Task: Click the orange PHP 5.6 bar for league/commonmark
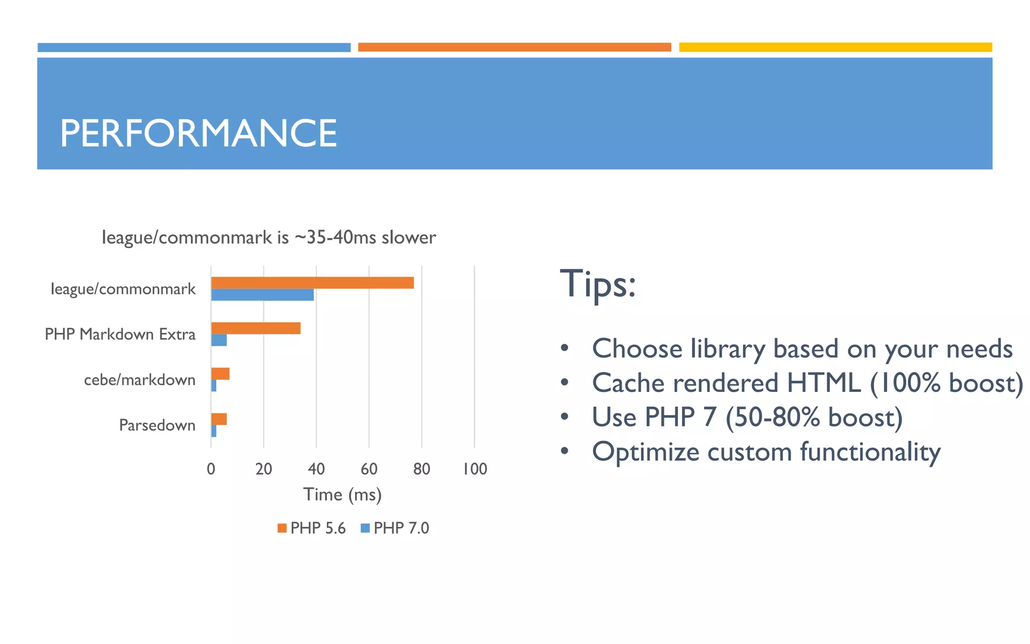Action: click(x=312, y=283)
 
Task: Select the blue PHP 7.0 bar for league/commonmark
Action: click(x=262, y=295)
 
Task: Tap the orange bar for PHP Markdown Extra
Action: click(x=255, y=328)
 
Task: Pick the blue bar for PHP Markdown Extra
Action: click(x=219, y=340)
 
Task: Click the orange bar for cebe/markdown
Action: click(x=220, y=373)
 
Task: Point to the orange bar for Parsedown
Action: click(x=219, y=419)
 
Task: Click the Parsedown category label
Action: click(x=157, y=425)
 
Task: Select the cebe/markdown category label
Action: click(x=139, y=380)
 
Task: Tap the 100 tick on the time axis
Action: click(x=475, y=469)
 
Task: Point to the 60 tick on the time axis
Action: click(x=369, y=469)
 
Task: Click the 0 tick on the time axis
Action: click(x=211, y=469)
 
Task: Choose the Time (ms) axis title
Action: click(x=342, y=495)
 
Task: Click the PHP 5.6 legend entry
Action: click(x=312, y=528)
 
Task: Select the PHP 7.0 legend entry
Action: click(x=395, y=528)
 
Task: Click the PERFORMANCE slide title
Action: click(x=198, y=133)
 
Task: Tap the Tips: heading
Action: click(x=597, y=284)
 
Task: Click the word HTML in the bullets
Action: click(x=824, y=383)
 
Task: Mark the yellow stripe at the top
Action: click(x=835, y=47)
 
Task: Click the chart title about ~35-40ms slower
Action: click(x=269, y=237)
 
